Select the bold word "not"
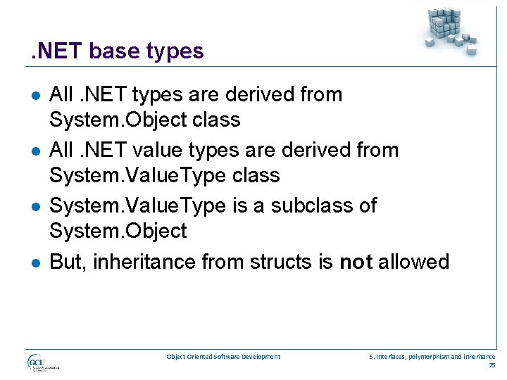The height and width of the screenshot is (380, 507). point(356,262)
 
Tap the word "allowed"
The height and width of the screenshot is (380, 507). point(414,262)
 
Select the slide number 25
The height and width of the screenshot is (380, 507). point(492,365)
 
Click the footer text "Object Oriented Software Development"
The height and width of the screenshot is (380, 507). point(223,357)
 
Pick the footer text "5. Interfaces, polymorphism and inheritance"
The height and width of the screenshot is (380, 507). point(432,357)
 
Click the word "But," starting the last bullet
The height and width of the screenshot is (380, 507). point(68,262)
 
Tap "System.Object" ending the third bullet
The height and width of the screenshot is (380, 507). point(118,231)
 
